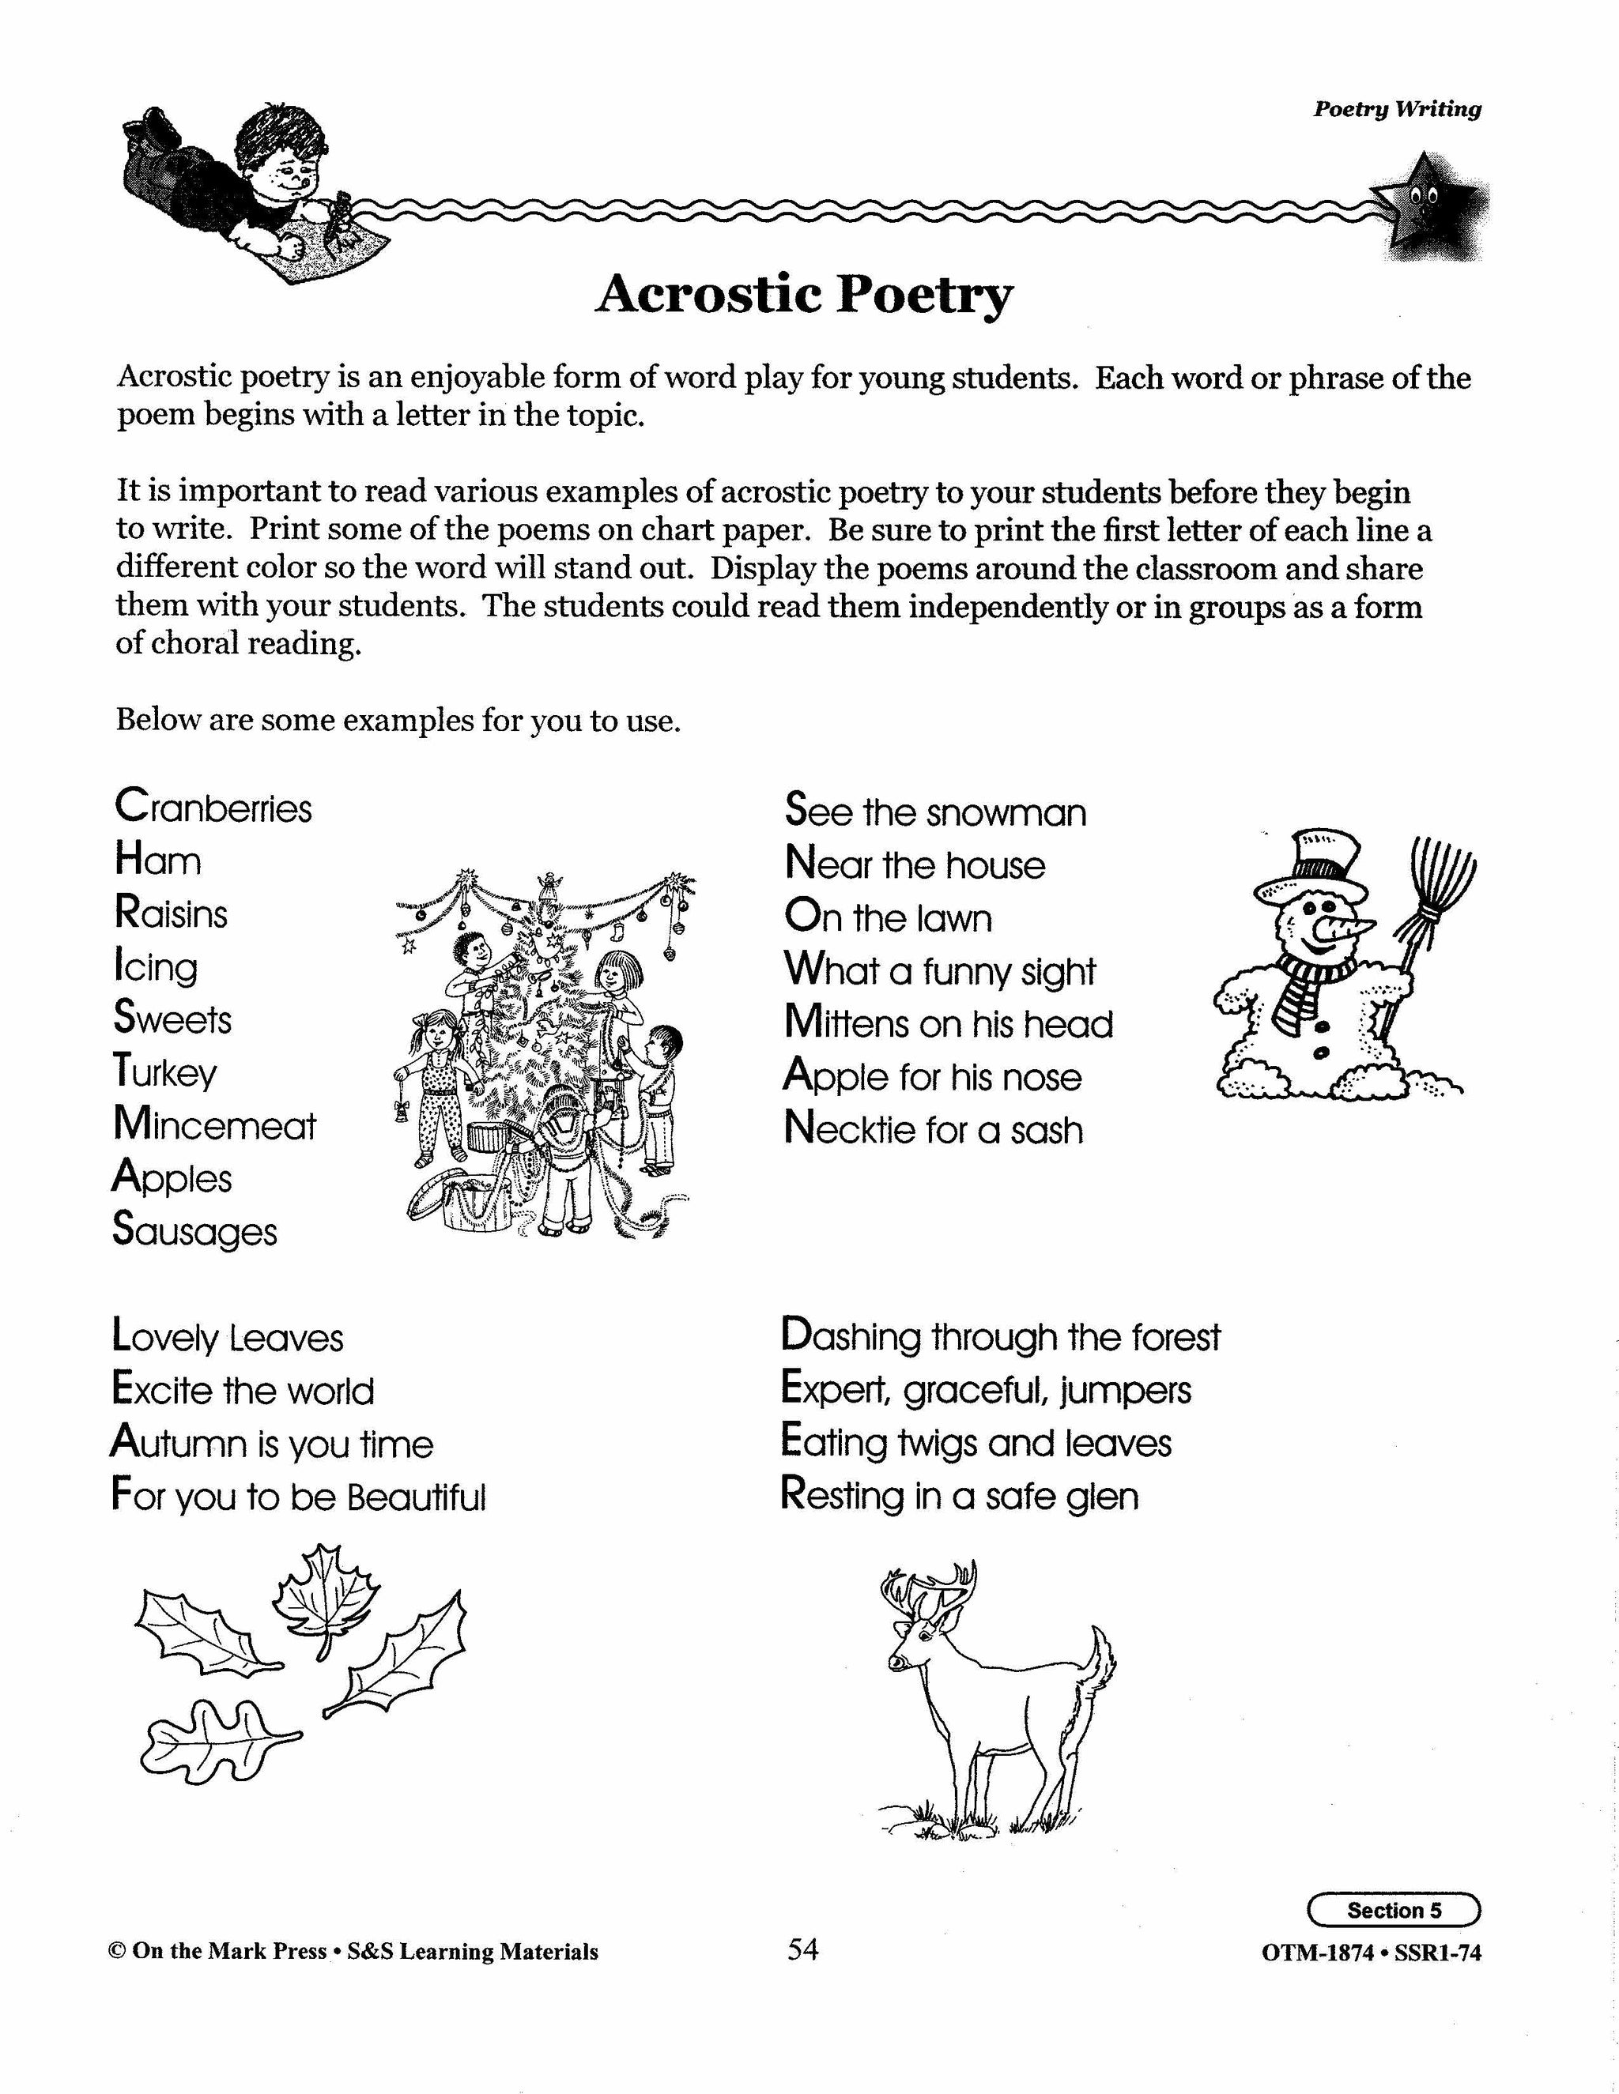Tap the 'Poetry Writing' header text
click(x=1397, y=109)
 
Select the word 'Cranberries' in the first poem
click(x=213, y=808)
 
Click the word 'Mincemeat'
click(x=214, y=1124)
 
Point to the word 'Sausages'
click(x=194, y=1231)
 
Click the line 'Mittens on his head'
click(x=948, y=1023)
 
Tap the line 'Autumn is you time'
click(x=273, y=1444)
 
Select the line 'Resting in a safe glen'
click(x=959, y=1497)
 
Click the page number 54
click(x=803, y=1949)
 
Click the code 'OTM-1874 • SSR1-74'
click(x=1372, y=1952)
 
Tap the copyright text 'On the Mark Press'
click(x=229, y=1952)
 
